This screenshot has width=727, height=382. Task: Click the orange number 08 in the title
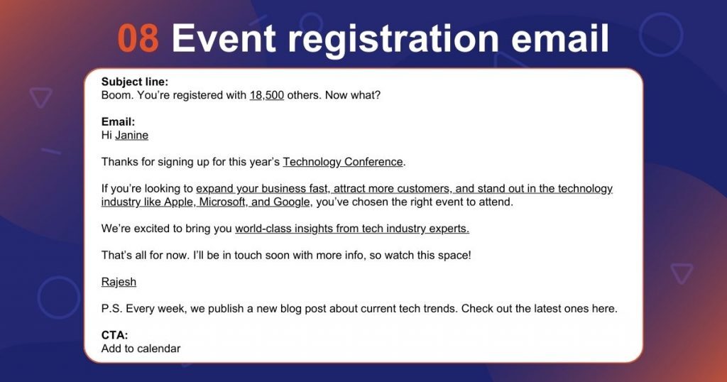(138, 38)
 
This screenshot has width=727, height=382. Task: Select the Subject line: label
(135, 82)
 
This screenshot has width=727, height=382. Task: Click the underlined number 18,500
(267, 94)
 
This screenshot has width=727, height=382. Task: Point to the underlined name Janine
(132, 135)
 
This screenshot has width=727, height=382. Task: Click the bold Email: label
(118, 122)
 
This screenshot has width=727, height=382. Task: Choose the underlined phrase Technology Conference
(343, 162)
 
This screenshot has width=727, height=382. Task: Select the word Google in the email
(293, 202)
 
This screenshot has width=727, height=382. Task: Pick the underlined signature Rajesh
(119, 282)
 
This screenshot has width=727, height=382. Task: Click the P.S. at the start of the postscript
(111, 309)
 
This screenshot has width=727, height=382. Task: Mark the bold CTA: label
(114, 335)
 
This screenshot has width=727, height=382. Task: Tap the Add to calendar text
(141, 349)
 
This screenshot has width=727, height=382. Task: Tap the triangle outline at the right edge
(682, 273)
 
